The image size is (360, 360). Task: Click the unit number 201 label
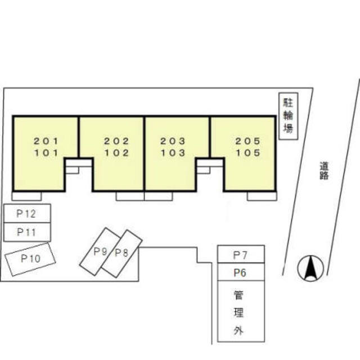pos(46,141)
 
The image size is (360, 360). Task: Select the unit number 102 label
pos(117,152)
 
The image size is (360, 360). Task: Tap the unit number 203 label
pos(173,141)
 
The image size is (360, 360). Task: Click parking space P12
pos(26,214)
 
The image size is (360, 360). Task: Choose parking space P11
pos(26,231)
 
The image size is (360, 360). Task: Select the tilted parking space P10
pos(30,259)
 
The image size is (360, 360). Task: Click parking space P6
pos(241,273)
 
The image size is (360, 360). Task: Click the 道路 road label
pos(324,171)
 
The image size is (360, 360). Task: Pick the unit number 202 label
pos(117,141)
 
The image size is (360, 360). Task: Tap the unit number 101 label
pos(46,152)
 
